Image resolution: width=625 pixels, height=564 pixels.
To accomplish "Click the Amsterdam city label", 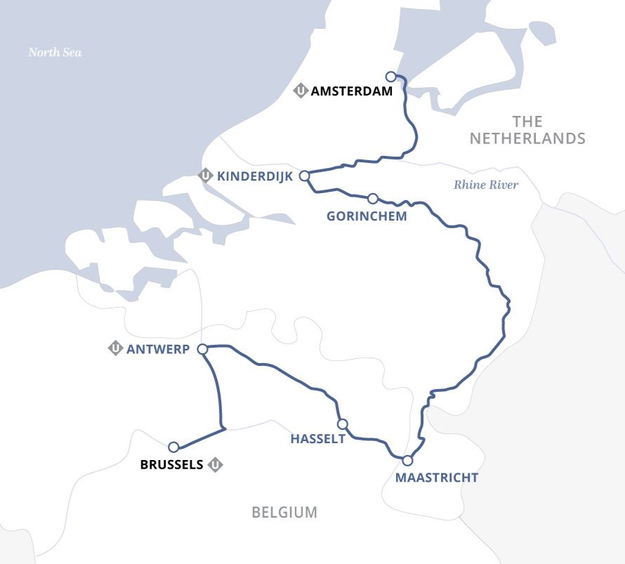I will click(351, 91).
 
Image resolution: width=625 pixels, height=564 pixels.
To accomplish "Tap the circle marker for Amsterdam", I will click(392, 77).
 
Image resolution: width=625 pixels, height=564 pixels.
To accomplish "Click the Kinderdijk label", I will click(255, 176).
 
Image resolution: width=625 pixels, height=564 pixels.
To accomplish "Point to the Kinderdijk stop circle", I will click(305, 176).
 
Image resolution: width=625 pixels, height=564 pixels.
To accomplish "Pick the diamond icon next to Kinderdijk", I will click(206, 176).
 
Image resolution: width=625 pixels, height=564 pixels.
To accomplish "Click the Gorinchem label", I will click(367, 216).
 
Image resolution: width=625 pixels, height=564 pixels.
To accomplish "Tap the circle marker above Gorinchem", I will click(373, 199).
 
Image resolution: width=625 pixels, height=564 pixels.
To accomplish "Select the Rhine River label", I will click(486, 185).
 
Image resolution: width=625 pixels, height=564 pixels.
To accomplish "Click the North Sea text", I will click(55, 52).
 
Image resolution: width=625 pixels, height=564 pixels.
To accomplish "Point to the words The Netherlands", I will click(527, 130).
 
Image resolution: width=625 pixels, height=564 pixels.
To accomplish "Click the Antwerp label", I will click(158, 348).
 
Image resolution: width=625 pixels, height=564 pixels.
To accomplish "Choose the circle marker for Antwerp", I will click(202, 349).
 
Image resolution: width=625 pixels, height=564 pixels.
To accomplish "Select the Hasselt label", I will click(318, 439).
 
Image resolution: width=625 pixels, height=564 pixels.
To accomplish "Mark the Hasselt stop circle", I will click(343, 424).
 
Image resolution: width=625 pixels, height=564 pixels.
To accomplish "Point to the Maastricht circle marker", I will click(407, 461).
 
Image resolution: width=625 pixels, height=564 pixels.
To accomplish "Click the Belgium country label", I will click(284, 513).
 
